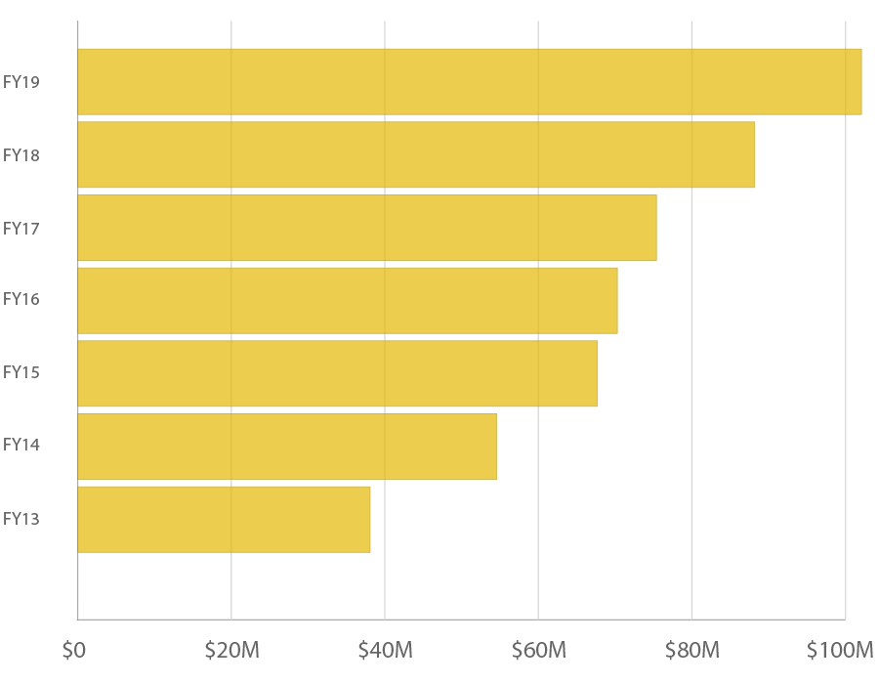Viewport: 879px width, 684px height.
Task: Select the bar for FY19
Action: (x=469, y=82)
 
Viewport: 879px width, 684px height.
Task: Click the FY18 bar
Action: (x=415, y=154)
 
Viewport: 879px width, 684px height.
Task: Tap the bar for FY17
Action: (x=366, y=228)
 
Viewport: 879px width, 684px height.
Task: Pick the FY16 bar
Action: (x=347, y=300)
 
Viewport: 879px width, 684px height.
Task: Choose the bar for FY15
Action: (x=337, y=373)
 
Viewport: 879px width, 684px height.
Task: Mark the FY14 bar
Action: (x=286, y=446)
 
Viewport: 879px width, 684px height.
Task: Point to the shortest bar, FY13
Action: (x=224, y=519)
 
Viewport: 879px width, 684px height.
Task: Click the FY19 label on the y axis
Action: (x=21, y=82)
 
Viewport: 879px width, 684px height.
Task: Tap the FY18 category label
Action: (x=21, y=155)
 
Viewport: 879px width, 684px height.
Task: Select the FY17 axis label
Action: (x=21, y=229)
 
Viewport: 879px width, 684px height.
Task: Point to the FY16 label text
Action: (x=21, y=299)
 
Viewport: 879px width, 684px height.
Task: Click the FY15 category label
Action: (x=21, y=372)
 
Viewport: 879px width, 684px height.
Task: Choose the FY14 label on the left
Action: (x=21, y=445)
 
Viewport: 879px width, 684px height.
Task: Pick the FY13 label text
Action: (x=21, y=519)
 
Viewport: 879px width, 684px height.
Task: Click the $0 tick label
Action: (x=73, y=650)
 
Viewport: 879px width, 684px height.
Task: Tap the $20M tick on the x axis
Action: (x=231, y=650)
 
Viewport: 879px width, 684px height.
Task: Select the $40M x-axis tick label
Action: (x=385, y=650)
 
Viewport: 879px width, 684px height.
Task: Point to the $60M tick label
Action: (x=538, y=650)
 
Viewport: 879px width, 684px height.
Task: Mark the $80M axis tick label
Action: (x=691, y=650)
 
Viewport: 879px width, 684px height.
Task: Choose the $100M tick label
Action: (x=840, y=650)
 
